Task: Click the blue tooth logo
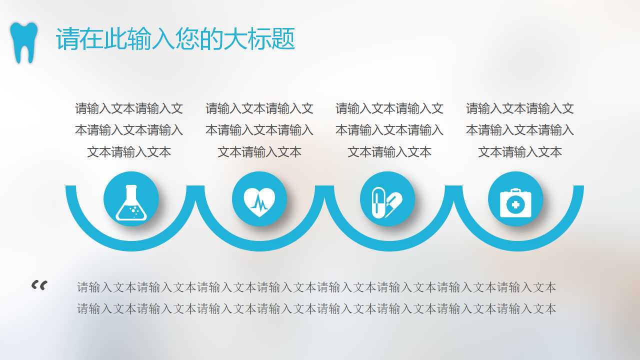point(24,42)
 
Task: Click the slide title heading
point(175,39)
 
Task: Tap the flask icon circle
point(131,199)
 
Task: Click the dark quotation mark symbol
point(39,285)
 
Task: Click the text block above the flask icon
point(129,130)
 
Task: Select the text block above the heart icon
point(259,130)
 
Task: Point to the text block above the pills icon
point(389,130)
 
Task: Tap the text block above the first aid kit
point(520,130)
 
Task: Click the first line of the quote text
point(316,287)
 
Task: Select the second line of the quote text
point(316,309)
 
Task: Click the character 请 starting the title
point(67,39)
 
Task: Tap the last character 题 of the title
point(283,39)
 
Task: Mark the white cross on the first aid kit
point(515,204)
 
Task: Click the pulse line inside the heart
point(259,202)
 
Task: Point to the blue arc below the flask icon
point(131,246)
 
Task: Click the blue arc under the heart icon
point(259,246)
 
